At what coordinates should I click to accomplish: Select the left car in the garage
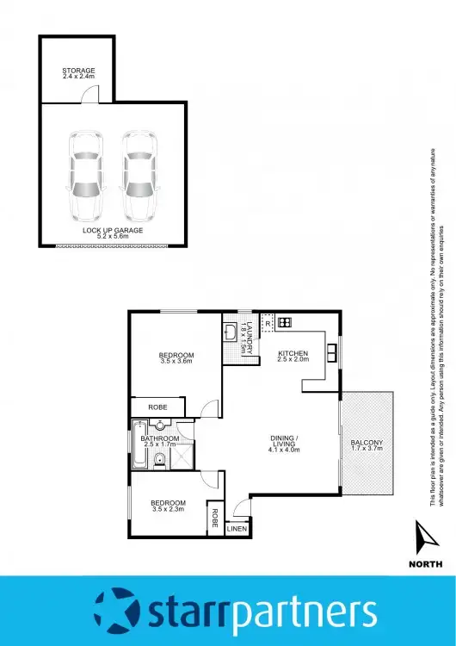pos(85,175)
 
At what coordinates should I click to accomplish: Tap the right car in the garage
pos(140,175)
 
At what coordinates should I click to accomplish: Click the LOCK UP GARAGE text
pos(113,231)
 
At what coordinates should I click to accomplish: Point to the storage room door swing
pos(89,97)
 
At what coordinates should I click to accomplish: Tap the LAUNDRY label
pos(248,335)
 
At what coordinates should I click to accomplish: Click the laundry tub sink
pos(231,332)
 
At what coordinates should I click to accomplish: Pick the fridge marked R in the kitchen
pos(269,323)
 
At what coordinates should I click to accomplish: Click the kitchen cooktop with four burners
pos(285,323)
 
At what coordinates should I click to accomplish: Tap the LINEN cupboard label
pos(237,528)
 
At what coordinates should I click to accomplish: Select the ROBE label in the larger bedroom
pos(157,406)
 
